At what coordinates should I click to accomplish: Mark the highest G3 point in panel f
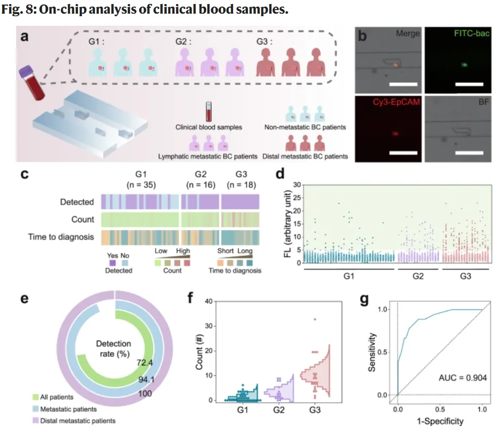pyautogui.click(x=314, y=319)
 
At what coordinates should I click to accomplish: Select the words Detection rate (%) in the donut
pyautogui.click(x=114, y=349)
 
